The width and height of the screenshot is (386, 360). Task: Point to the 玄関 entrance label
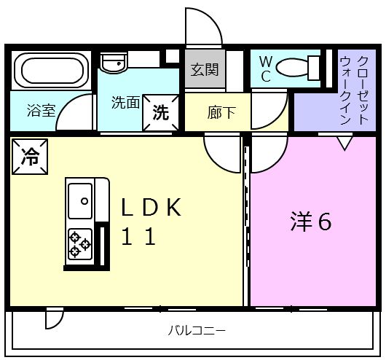click(x=204, y=71)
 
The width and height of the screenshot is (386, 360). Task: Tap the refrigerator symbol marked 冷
click(x=29, y=156)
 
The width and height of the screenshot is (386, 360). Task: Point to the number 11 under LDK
click(x=138, y=238)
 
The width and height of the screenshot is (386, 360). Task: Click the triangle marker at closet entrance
click(x=344, y=142)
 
